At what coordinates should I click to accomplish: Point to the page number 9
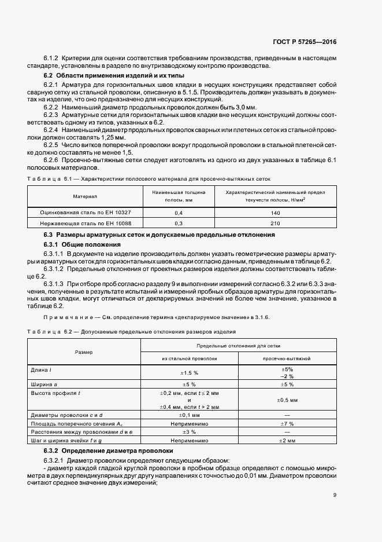[335, 495]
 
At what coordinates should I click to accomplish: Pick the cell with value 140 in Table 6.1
[275, 213]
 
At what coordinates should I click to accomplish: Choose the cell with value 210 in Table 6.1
[275, 223]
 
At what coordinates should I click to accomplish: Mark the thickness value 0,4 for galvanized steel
[178, 213]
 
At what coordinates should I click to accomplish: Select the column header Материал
[83, 196]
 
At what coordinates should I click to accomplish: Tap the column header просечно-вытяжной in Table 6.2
[287, 358]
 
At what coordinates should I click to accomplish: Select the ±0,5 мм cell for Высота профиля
[287, 400]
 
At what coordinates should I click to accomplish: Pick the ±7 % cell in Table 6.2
[287, 423]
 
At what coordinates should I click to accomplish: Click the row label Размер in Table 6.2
[84, 352]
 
